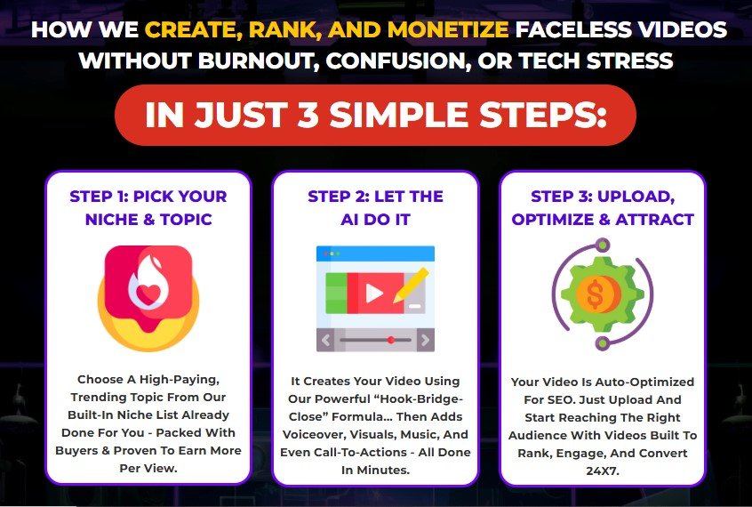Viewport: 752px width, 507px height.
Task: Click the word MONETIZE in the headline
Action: [x=448, y=29]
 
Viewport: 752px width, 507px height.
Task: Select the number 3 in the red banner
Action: [x=308, y=115]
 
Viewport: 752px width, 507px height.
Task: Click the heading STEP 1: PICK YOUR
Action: [x=148, y=197]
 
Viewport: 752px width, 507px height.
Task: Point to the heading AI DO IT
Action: [x=375, y=220]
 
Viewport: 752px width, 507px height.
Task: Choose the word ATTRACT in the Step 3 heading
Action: [x=654, y=220]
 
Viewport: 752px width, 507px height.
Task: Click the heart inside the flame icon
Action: [x=148, y=294]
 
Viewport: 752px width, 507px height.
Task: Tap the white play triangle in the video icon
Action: [x=374, y=293]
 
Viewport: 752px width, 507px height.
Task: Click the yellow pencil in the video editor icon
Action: [x=411, y=286]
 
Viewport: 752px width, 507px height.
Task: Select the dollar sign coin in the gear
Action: [x=596, y=294]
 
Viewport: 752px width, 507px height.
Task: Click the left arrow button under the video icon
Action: [x=325, y=340]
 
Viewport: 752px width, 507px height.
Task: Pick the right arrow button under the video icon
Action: [x=426, y=340]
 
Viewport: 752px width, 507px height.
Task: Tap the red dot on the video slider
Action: [x=391, y=340]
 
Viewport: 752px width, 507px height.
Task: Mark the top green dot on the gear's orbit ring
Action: [x=603, y=245]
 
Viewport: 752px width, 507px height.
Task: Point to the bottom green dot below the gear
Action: [x=603, y=343]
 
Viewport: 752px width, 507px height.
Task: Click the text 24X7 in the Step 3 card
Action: [x=603, y=471]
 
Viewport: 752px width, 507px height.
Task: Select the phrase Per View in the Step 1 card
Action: [x=148, y=468]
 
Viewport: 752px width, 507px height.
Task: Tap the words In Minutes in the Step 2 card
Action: [x=375, y=470]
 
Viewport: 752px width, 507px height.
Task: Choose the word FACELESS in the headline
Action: [x=572, y=29]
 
